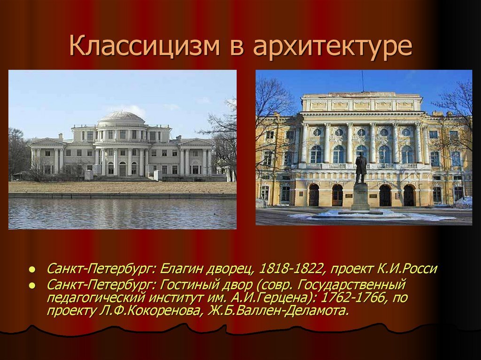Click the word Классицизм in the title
click(145, 46)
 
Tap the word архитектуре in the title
click(333, 47)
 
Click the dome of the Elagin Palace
click(121, 117)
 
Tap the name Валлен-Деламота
click(278, 311)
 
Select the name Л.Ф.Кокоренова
click(151, 311)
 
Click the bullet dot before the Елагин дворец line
click(31, 270)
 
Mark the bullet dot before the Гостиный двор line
click(31, 286)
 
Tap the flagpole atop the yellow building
click(363, 81)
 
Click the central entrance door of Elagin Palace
click(123, 169)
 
